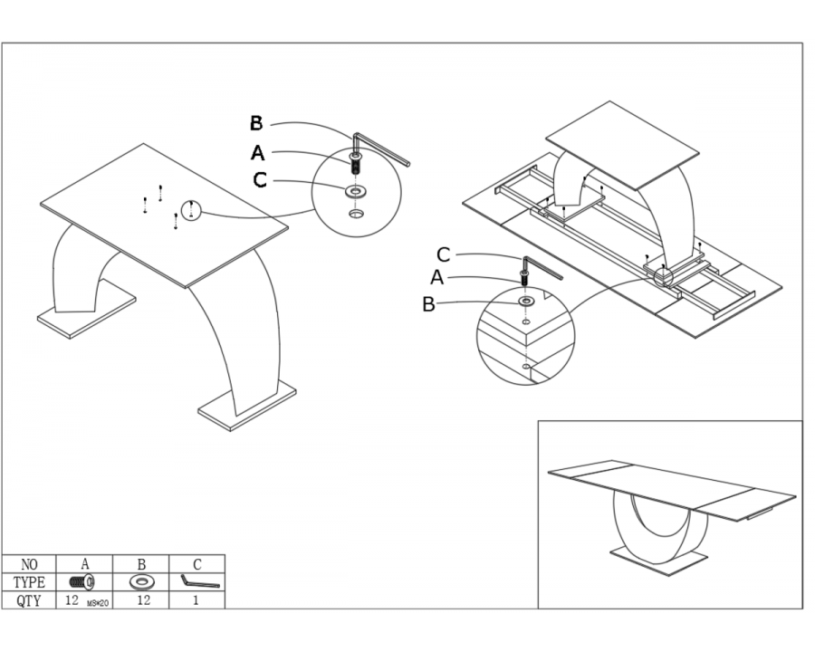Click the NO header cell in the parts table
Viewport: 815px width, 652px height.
tap(30, 564)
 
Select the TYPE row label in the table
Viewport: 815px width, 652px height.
tap(30, 582)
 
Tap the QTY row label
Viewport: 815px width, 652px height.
tap(30, 599)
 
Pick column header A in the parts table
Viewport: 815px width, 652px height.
tap(85, 564)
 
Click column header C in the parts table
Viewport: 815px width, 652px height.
tap(197, 564)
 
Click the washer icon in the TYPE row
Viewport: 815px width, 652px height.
tap(141, 582)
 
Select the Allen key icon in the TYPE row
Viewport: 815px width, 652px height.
tap(198, 581)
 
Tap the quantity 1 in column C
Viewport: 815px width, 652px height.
tap(197, 599)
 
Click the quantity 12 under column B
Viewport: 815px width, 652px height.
tap(142, 599)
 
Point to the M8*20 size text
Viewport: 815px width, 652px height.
tap(98, 602)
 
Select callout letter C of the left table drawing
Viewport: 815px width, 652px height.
tap(260, 180)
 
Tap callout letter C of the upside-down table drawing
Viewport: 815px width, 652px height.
tap(443, 255)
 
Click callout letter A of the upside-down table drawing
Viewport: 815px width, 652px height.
tap(437, 278)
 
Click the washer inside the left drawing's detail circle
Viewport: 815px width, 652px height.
tap(356, 191)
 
